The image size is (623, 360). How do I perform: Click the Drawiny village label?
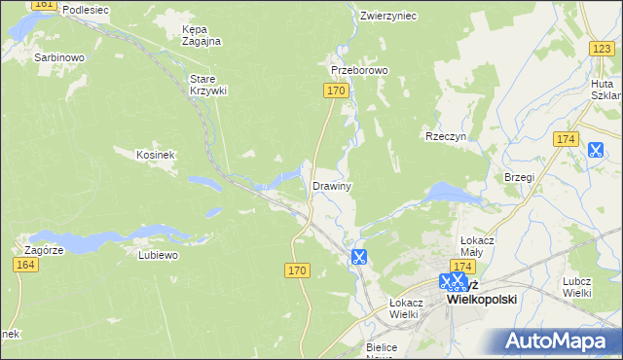[331, 185]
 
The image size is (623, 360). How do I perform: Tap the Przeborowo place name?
[359, 71]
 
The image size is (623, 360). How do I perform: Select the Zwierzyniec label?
[387, 16]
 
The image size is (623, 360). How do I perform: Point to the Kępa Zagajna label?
[202, 35]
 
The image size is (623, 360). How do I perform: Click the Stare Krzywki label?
[207, 84]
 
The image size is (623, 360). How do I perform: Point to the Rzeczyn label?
[447, 137]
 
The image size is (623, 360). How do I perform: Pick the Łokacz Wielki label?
[403, 307]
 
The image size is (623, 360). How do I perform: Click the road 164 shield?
[27, 265]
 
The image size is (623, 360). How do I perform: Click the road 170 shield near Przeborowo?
[335, 90]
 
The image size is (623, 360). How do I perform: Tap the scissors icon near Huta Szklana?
[596, 150]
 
